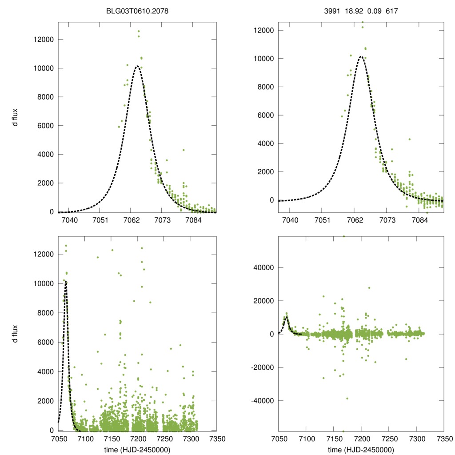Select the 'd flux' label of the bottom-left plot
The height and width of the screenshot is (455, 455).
tap(16, 333)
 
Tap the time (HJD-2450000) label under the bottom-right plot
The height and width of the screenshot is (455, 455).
tap(361, 450)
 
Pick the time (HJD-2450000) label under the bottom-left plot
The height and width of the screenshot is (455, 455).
tap(137, 450)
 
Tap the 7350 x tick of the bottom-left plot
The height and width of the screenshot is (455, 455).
tap(216, 438)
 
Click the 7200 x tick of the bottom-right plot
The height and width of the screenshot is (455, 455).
tap(361, 438)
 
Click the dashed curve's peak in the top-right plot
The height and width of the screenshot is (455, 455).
tap(361, 56)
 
